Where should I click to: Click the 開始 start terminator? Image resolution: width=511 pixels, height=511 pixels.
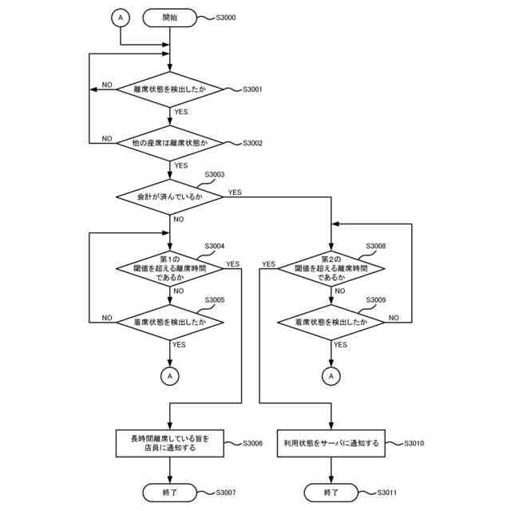click(169, 17)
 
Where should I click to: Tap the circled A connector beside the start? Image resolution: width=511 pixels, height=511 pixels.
click(120, 17)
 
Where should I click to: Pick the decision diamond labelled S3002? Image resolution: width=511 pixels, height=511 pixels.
click(170, 143)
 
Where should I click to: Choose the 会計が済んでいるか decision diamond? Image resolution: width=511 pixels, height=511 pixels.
click(170, 196)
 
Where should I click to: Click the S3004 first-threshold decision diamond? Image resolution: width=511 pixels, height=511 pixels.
click(170, 269)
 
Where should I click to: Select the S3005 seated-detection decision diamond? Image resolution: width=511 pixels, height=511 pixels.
click(170, 322)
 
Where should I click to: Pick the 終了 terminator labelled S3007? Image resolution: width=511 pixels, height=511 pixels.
click(169, 492)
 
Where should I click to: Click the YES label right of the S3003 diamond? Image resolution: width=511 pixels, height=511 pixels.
click(236, 192)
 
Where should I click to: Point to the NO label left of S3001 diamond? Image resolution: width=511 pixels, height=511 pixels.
click(106, 85)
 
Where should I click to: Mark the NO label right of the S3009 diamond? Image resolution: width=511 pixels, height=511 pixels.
click(394, 317)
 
